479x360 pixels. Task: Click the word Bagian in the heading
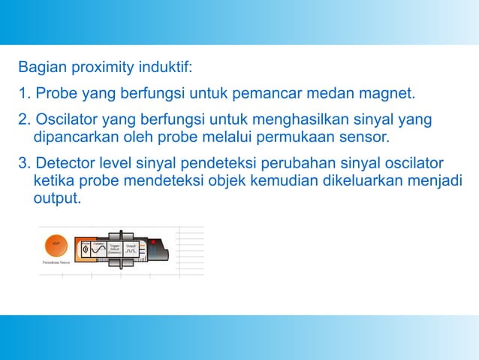pyautogui.click(x=42, y=68)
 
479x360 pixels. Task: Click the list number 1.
pyautogui.click(x=24, y=95)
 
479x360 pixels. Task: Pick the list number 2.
pyautogui.click(x=24, y=121)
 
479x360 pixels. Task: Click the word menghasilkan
pyautogui.click(x=294, y=121)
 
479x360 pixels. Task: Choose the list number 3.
pyautogui.click(x=24, y=164)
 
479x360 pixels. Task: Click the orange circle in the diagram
pyautogui.click(x=56, y=244)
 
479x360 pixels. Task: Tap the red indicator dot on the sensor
pyautogui.click(x=153, y=242)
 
